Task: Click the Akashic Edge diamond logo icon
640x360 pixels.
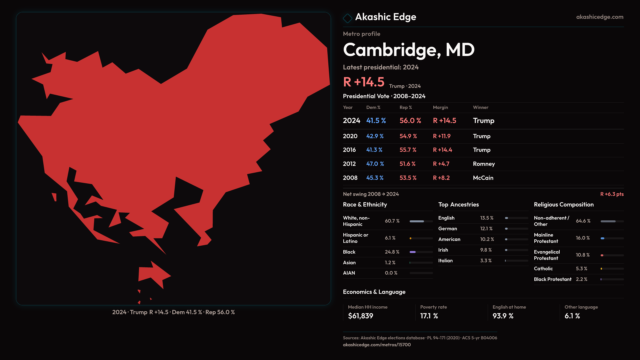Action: click(x=348, y=18)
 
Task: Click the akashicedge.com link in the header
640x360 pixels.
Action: click(x=599, y=17)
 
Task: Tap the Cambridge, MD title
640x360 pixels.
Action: click(x=408, y=50)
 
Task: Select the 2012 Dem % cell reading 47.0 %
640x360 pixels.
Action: click(x=375, y=164)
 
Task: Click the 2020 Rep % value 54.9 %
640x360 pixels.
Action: click(x=408, y=136)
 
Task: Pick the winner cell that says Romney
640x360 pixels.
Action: click(x=484, y=164)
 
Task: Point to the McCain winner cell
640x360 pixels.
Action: click(x=483, y=178)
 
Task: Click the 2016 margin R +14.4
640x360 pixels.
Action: click(x=442, y=150)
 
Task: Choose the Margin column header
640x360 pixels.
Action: click(x=440, y=108)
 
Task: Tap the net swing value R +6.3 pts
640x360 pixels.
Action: click(x=612, y=194)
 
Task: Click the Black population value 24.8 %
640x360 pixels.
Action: click(x=392, y=252)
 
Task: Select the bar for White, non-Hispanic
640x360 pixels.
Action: click(x=421, y=221)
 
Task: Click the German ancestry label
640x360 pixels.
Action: click(x=447, y=229)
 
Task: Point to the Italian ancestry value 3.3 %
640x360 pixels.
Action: click(x=486, y=261)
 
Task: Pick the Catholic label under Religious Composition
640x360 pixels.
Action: click(x=543, y=269)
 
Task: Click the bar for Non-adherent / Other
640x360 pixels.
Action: click(x=612, y=221)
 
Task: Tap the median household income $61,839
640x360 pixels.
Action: click(x=360, y=316)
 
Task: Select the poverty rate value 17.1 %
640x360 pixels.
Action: click(x=429, y=316)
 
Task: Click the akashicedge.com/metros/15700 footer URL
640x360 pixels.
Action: click(x=377, y=345)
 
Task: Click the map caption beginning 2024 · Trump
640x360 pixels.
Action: click(x=173, y=312)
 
